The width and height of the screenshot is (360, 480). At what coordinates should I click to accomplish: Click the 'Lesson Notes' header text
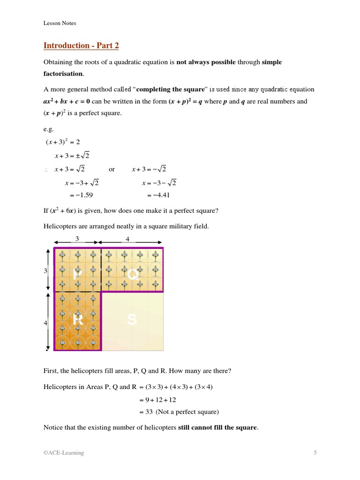60,23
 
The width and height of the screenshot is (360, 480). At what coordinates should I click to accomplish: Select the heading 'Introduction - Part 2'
81,45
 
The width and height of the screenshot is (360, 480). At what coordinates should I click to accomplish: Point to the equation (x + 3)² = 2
63,142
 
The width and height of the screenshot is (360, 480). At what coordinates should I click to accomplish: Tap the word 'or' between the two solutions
112,169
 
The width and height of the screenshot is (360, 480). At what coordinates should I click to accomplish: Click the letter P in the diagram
78,274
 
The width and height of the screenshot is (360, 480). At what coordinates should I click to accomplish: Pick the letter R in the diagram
78,320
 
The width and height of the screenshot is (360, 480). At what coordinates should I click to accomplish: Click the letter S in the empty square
132,320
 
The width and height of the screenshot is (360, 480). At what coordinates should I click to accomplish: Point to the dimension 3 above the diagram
77,239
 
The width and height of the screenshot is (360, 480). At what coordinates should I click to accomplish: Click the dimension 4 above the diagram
127,239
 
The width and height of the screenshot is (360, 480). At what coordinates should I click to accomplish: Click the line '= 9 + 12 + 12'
157,400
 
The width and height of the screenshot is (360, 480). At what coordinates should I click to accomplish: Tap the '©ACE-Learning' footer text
64,453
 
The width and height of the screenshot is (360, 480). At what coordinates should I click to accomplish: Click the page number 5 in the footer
315,453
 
